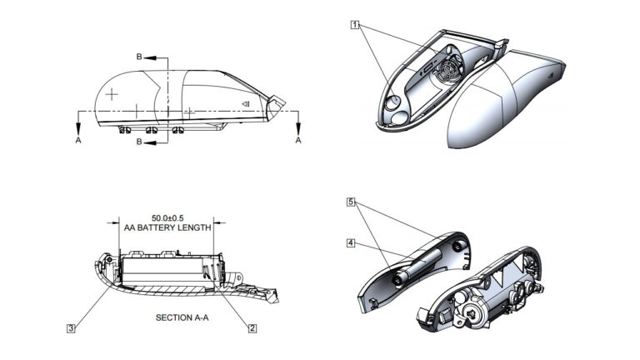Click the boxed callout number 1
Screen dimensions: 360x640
point(355,25)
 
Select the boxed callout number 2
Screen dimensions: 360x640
point(252,329)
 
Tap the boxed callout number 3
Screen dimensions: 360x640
point(72,329)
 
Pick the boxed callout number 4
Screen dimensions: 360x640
point(352,243)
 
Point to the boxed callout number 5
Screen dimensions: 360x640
point(352,202)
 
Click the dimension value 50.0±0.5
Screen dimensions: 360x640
point(164,218)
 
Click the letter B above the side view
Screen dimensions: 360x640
point(139,57)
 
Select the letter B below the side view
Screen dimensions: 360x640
point(139,142)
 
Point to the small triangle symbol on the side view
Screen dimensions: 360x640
point(247,103)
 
